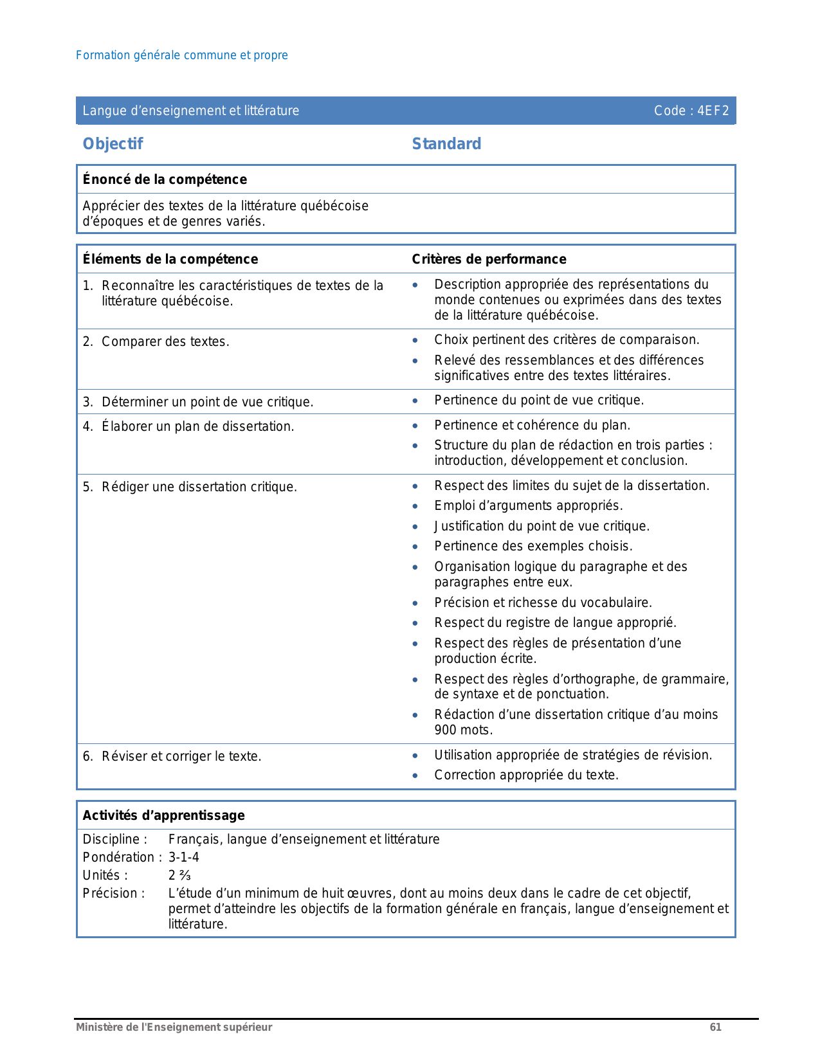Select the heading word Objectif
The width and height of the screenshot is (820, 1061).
[x=113, y=144]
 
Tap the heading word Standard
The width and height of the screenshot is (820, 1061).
[x=446, y=144]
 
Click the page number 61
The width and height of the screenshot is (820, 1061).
[x=715, y=1027]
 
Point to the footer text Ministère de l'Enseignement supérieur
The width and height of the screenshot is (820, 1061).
[x=174, y=1027]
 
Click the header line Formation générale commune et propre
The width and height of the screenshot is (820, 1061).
[x=182, y=55]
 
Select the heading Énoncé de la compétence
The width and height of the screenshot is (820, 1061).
[x=165, y=179]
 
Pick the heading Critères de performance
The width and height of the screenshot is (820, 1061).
[x=489, y=259]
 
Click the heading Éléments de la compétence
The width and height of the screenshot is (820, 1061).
[x=170, y=259]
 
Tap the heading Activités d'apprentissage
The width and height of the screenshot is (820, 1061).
[x=163, y=815]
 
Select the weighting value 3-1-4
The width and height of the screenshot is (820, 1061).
[x=184, y=857]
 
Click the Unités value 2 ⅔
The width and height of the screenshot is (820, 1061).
[x=179, y=875]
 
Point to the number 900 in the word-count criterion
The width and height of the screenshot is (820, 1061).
[x=445, y=730]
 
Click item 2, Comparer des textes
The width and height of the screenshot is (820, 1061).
[x=165, y=341]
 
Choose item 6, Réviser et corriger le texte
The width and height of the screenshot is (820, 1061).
[x=181, y=756]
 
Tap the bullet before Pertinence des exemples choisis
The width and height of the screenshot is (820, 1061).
[x=415, y=547]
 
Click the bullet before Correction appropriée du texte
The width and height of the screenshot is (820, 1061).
[x=415, y=775]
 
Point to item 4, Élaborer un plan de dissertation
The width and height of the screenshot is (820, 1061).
[x=197, y=426]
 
